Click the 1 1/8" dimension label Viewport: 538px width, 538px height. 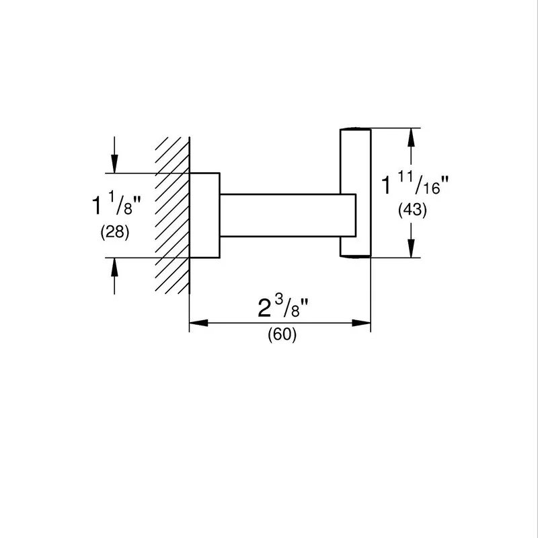(x=116, y=204)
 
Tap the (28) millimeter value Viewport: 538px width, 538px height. (x=115, y=232)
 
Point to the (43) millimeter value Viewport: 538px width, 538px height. (x=412, y=210)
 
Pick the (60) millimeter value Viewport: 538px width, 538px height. (x=282, y=334)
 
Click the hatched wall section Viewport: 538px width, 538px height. (x=172, y=215)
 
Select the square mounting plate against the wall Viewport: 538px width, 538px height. (x=204, y=215)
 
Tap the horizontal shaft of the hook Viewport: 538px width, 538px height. (x=288, y=215)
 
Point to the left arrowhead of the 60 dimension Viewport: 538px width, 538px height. (x=198, y=323)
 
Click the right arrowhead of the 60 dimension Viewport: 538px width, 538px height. (x=361, y=323)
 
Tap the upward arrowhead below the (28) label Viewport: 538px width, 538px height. (x=114, y=267)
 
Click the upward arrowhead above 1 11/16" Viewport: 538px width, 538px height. (x=411, y=137)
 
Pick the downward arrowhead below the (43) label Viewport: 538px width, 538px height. (x=411, y=248)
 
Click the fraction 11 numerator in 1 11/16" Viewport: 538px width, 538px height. (x=406, y=178)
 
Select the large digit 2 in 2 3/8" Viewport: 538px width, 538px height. (x=264, y=308)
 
